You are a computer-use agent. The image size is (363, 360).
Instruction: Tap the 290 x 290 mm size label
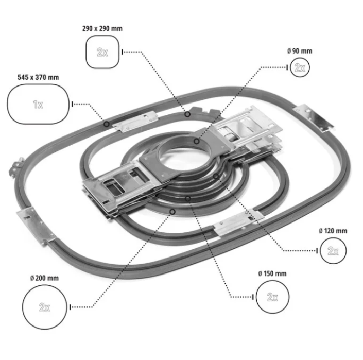(x=102, y=28)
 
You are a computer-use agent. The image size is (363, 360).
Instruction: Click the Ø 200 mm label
(x=44, y=278)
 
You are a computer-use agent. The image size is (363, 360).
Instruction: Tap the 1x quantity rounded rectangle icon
(x=38, y=104)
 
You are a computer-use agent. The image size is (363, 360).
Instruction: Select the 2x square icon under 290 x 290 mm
(x=102, y=52)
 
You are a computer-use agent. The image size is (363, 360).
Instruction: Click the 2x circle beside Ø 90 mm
(x=300, y=67)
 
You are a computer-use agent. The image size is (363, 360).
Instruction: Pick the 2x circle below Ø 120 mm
(x=333, y=251)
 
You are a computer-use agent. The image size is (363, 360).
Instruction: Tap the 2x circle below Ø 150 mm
(x=272, y=297)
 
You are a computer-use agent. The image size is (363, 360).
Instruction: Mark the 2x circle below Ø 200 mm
(x=45, y=307)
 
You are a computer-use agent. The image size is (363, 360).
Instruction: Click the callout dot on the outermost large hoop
(x=106, y=124)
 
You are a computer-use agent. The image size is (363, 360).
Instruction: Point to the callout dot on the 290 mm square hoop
(x=187, y=114)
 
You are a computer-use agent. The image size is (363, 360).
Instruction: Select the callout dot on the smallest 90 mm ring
(x=197, y=141)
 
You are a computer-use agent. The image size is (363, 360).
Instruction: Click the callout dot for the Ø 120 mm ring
(x=216, y=177)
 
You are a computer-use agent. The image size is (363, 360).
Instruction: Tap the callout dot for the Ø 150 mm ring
(x=188, y=198)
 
